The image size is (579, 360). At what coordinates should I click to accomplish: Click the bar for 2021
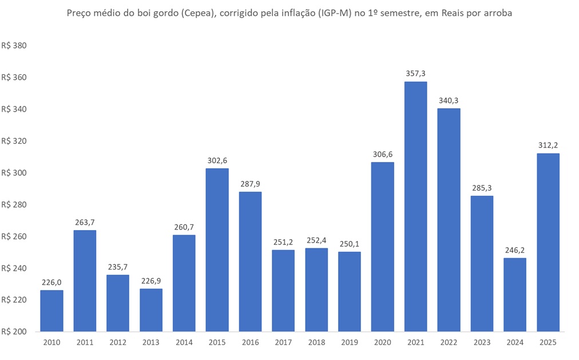(x=415, y=206)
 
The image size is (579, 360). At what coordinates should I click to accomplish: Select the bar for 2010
(x=51, y=310)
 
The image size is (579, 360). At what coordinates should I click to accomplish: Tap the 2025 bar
(x=548, y=242)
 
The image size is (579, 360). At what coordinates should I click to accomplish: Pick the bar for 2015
(x=217, y=250)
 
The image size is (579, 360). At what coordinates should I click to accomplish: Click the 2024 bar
(x=514, y=294)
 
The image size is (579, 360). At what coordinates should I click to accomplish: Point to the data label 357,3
(x=415, y=73)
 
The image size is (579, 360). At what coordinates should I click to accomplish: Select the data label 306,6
(x=382, y=154)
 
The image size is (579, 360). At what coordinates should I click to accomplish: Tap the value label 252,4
(x=316, y=240)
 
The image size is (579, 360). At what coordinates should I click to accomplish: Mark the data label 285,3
(x=482, y=188)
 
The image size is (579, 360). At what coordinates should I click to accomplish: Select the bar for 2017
(x=283, y=290)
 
